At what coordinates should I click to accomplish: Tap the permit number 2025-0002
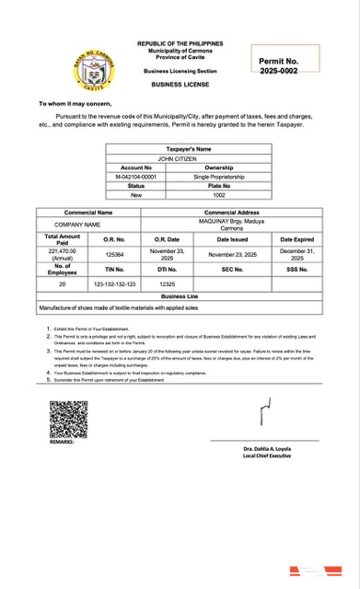coord(278,71)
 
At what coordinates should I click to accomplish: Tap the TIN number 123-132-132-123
coord(115,284)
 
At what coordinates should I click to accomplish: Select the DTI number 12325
coord(168,284)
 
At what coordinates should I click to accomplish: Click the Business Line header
coord(180,297)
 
